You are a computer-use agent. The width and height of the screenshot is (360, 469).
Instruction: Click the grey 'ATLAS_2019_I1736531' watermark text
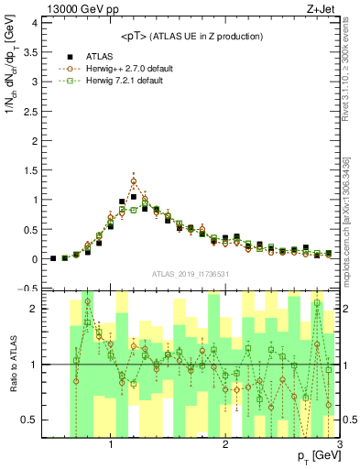point(191,274)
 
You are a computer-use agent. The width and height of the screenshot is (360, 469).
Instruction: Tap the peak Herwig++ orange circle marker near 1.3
point(134,180)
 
